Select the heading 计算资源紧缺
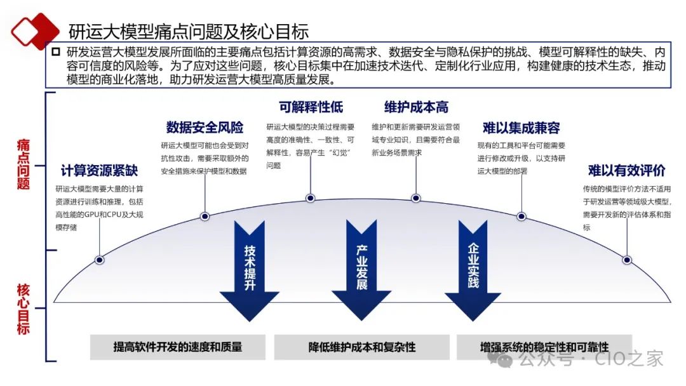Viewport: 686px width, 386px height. (x=99, y=171)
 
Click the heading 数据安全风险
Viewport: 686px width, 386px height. (x=205, y=128)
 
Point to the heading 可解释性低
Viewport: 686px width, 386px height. (x=311, y=106)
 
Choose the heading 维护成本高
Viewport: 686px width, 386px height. (x=416, y=106)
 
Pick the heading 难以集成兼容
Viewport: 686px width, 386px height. (x=521, y=128)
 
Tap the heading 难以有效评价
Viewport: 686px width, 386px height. (x=626, y=171)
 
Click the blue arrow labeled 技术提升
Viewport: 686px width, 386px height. (x=249, y=267)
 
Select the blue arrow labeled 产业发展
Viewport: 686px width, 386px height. (x=361, y=267)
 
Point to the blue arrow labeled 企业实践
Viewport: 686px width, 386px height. (x=473, y=267)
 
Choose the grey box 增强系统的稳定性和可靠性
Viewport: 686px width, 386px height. (x=544, y=347)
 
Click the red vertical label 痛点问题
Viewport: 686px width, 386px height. (x=24, y=164)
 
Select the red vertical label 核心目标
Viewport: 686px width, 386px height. (x=24, y=309)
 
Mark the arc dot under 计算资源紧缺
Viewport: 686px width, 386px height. (x=99, y=260)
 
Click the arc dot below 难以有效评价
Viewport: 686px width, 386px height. (x=627, y=260)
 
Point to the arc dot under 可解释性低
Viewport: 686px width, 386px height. (x=311, y=198)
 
